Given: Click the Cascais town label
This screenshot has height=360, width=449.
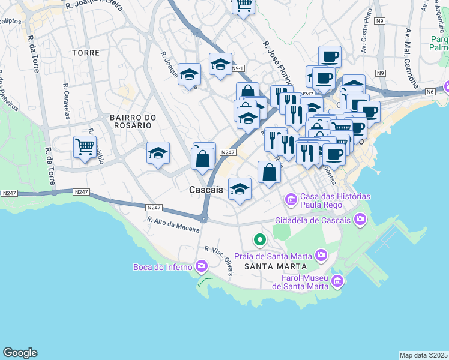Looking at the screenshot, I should (x=206, y=189).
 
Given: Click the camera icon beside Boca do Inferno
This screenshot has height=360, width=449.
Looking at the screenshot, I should (x=201, y=265).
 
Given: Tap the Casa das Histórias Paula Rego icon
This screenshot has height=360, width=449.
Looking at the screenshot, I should (x=291, y=199).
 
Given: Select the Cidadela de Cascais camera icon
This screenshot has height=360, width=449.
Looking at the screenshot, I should (x=360, y=220).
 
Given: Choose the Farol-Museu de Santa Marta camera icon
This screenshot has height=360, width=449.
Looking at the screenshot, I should (x=337, y=281).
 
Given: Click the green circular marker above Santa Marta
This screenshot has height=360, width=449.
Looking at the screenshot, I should (x=259, y=240).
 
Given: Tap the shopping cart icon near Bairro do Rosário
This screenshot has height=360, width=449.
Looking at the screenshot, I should (x=85, y=146).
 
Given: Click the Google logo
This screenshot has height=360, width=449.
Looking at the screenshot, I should (x=20, y=353).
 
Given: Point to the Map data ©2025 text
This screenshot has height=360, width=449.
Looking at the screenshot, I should (x=423, y=355).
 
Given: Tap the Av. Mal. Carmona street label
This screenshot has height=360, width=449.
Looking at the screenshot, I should (x=414, y=58).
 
